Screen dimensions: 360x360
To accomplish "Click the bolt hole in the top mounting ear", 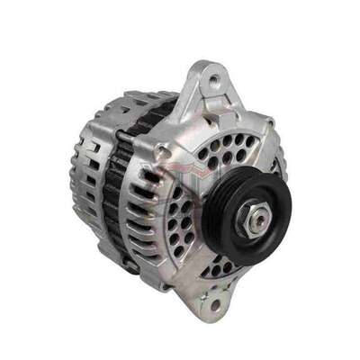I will (212, 83).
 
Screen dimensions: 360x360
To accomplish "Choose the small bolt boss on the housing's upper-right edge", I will (269, 121).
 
